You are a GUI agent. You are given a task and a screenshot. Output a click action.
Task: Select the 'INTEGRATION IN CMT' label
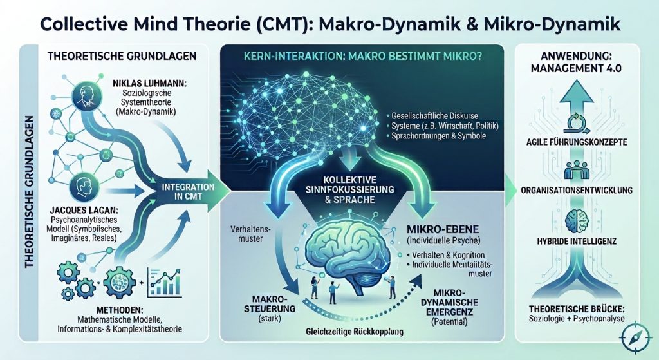tap(189, 191)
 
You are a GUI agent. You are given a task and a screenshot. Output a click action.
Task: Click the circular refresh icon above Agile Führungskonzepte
tap(576, 122)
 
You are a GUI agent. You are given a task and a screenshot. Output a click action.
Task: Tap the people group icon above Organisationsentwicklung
tap(576, 170)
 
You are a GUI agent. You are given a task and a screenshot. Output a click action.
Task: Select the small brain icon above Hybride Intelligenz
tap(576, 220)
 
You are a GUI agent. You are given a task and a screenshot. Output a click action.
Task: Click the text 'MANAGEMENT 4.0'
tap(576, 68)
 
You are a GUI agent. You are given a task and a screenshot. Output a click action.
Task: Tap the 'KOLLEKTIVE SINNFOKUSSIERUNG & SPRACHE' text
tap(350, 189)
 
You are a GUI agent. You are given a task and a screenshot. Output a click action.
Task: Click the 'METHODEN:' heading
tap(120, 310)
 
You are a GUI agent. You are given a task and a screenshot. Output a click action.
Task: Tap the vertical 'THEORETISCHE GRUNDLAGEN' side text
tap(29, 192)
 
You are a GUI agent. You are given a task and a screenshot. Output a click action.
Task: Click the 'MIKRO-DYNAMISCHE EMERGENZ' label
tap(449, 303)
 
